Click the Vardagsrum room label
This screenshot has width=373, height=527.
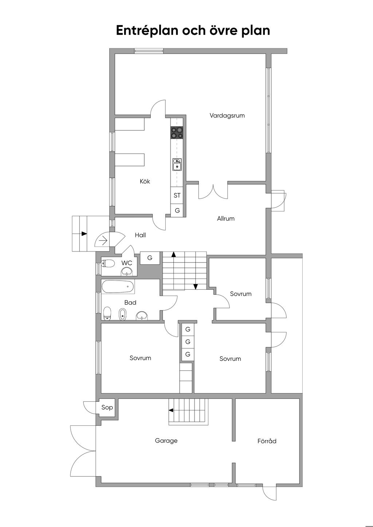click(x=227, y=116)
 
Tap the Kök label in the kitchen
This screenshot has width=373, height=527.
click(x=145, y=181)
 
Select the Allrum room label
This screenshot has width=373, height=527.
click(x=225, y=219)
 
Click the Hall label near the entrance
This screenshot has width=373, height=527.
click(x=140, y=235)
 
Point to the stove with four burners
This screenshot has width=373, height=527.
click(x=177, y=133)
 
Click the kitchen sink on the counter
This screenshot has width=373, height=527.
click(x=177, y=165)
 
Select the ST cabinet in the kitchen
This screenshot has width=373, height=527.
click(x=177, y=195)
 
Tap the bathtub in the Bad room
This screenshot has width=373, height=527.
click(x=118, y=286)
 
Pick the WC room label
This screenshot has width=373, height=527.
click(x=127, y=263)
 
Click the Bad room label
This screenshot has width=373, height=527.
click(x=130, y=302)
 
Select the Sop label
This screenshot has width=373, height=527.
click(x=107, y=407)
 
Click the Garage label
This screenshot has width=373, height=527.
click(x=166, y=441)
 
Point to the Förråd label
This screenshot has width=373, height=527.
click(x=267, y=441)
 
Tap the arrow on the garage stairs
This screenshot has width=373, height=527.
click(x=171, y=410)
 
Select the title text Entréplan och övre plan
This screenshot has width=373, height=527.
click(x=193, y=31)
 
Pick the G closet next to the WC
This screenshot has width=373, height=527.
click(x=150, y=258)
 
